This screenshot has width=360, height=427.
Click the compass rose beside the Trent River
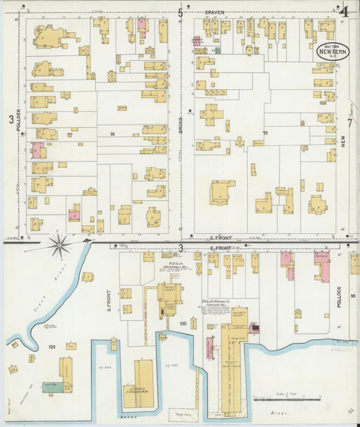pyautogui.click(x=59, y=244)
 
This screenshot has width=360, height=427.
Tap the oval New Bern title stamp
pyautogui.click(x=334, y=52)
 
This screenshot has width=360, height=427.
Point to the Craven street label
pyautogui.click(x=215, y=12)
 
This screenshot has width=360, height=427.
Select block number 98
pyautogui.click(x=112, y=134)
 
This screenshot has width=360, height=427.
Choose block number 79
pyautogui.click(x=265, y=133)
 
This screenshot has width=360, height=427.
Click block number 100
pyautogui.click(x=182, y=324)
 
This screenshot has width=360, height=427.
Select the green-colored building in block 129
pyautogui.click(x=53, y=386)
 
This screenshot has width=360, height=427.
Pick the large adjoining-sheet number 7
pyautogui.click(x=350, y=122)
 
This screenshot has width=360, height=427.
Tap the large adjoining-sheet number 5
pyautogui.click(x=180, y=12)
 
